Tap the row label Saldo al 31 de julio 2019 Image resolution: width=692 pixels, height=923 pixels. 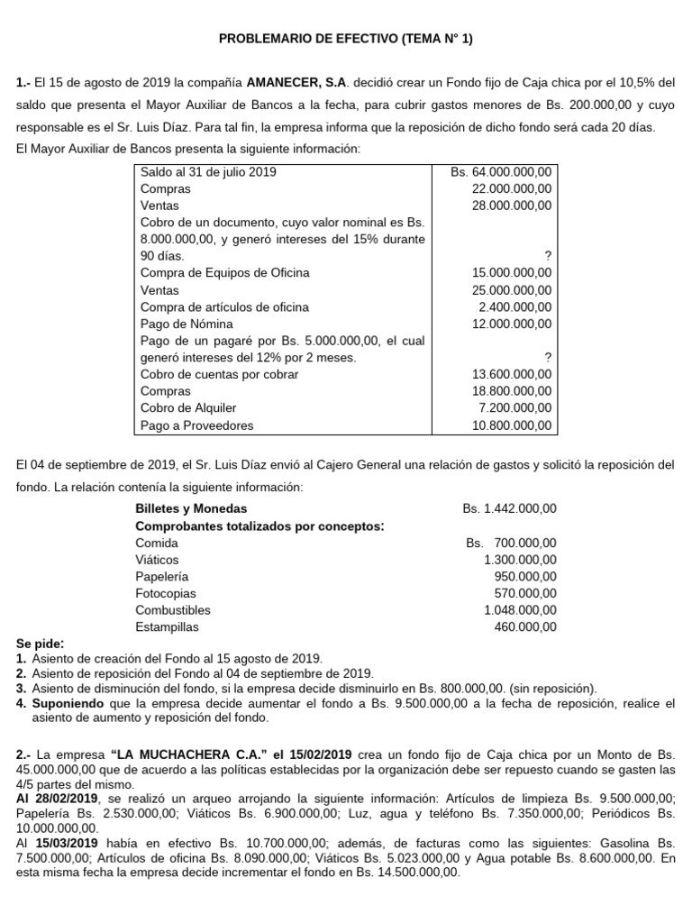(208, 171)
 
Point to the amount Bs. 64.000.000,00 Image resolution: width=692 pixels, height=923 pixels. (507, 171)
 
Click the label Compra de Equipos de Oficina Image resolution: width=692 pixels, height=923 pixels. (224, 273)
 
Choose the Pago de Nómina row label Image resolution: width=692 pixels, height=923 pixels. (187, 324)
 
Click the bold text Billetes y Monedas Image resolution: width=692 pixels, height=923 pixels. (190, 508)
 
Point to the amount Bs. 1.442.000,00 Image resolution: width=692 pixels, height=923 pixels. (509, 508)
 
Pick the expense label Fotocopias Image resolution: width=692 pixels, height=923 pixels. (165, 593)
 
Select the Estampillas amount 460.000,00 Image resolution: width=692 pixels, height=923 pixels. (525, 626)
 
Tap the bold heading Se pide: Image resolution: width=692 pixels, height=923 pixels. (41, 644)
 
